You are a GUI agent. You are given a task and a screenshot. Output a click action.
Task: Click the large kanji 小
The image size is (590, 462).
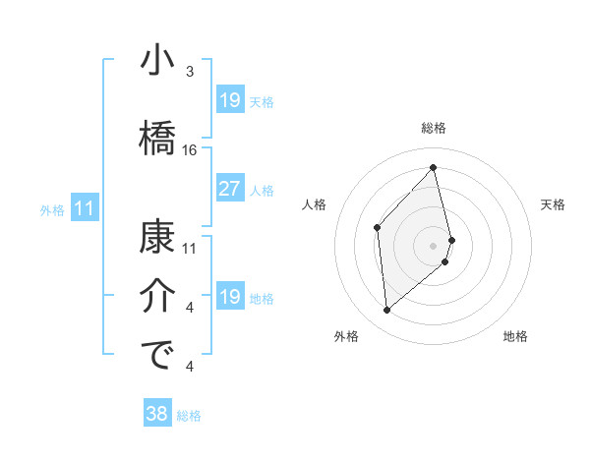158,61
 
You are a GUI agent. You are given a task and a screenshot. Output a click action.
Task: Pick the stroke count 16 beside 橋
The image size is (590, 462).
190,150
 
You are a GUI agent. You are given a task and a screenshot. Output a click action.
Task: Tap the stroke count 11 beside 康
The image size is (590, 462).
190,248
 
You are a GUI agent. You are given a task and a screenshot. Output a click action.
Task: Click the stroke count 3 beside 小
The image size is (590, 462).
190,72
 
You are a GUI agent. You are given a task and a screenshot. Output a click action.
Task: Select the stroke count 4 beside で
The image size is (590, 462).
190,368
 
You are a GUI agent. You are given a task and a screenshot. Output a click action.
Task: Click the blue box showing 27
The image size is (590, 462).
229,189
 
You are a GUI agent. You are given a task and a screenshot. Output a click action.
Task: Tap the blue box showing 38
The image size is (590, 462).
156,414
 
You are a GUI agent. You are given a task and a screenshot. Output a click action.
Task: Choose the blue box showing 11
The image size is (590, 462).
84,208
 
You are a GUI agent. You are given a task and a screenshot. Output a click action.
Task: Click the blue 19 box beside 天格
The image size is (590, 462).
229,99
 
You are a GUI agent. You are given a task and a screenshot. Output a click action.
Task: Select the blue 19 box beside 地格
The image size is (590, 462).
229,297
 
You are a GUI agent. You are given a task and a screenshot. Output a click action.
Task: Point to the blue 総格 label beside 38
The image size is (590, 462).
189,416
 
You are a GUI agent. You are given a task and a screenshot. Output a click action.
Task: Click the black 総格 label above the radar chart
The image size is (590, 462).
434,129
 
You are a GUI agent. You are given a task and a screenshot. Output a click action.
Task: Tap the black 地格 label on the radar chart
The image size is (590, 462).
515,337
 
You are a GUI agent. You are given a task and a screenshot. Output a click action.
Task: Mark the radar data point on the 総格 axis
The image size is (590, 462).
433,168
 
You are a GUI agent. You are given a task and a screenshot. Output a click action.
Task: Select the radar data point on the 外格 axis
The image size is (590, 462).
387,311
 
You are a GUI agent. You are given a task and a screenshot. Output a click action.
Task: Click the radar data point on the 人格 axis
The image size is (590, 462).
378,228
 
